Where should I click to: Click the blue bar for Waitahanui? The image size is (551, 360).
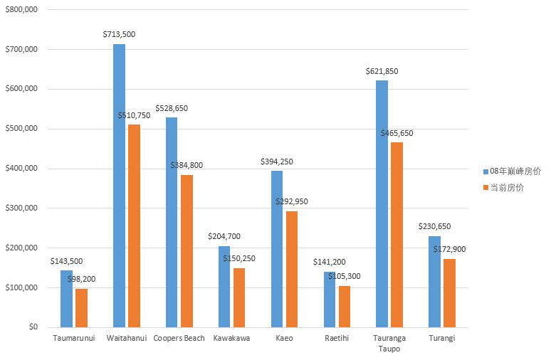[119, 186]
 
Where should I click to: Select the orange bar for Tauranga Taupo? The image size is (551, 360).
[397, 235]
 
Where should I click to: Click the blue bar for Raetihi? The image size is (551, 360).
[330, 299]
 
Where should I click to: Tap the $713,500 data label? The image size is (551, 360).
[119, 33]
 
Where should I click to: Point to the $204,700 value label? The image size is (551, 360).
[224, 236]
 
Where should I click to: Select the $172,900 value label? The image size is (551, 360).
[449, 249]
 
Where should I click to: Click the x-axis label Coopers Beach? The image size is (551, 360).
[179, 338]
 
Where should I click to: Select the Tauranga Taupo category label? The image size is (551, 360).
[389, 343]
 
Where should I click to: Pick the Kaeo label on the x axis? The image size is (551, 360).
[284, 338]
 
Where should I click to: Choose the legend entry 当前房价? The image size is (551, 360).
[507, 187]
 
